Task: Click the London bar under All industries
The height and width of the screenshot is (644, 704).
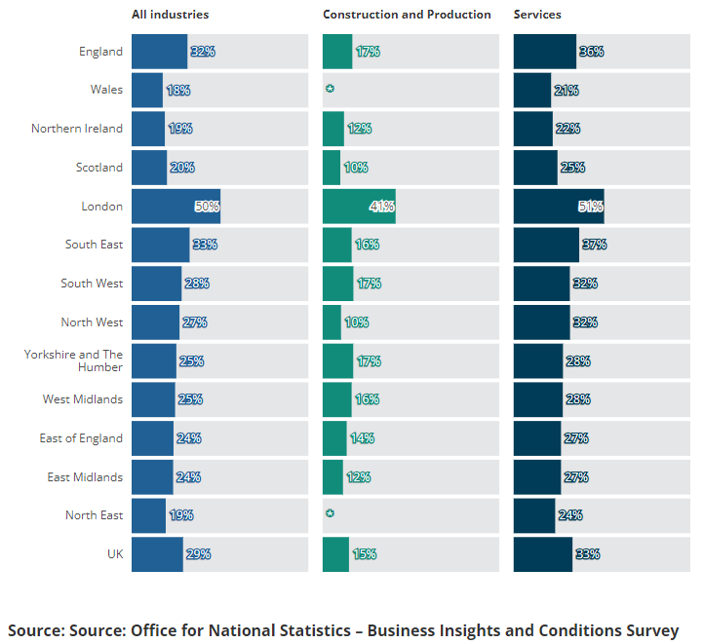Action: click(176, 207)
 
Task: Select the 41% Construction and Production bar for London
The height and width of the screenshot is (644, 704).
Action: click(359, 207)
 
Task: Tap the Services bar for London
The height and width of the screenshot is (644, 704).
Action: click(559, 207)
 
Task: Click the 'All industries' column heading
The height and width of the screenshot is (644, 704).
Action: click(170, 15)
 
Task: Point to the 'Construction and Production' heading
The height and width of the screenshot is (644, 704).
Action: click(407, 15)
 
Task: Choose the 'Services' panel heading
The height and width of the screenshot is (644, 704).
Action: click(537, 15)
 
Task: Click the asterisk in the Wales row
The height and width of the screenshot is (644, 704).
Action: click(330, 90)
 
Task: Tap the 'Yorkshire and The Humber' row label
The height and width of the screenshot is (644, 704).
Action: click(74, 360)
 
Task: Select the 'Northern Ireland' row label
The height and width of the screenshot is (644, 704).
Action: click(77, 129)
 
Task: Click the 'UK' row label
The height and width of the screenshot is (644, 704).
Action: click(115, 554)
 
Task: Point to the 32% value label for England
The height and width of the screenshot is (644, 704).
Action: click(203, 52)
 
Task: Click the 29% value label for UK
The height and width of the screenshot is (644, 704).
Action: click(199, 554)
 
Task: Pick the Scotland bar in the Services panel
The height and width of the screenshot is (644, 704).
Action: click(535, 168)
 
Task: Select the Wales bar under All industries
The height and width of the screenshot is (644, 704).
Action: click(147, 90)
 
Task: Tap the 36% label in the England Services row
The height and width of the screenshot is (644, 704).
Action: click(591, 52)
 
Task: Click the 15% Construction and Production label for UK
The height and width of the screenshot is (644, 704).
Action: click(365, 554)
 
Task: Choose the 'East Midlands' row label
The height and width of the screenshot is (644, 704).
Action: click(86, 477)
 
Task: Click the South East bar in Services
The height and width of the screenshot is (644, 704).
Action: click(546, 245)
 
